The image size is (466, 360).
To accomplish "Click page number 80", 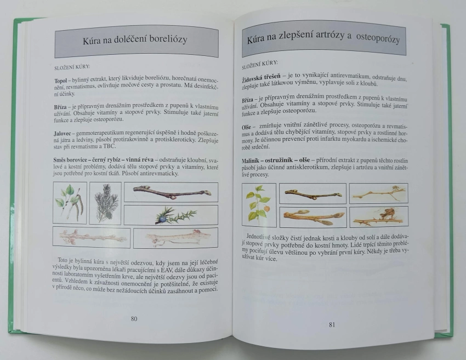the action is pyautogui.click(x=134, y=319).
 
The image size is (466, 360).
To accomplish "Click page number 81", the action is pyautogui.click(x=332, y=324).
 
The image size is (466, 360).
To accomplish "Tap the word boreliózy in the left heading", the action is pyautogui.click(x=168, y=39).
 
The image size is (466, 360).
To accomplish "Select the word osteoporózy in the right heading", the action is pyautogui.click(x=378, y=38).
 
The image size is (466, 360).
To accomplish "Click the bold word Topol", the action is pyautogui.click(x=61, y=81).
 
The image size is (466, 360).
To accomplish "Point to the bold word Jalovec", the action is pyautogui.click(x=62, y=133).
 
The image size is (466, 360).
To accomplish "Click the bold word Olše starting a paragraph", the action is pyautogui.click(x=246, y=127).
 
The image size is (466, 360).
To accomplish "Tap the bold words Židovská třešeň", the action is pyautogui.click(x=261, y=78).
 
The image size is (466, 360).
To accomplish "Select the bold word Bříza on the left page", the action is pyautogui.click(x=61, y=107).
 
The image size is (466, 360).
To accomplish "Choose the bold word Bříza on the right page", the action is pyautogui.click(x=248, y=100).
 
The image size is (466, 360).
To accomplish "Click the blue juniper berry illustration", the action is pyautogui.click(x=161, y=219).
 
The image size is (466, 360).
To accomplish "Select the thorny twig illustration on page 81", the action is pyautogui.click(x=379, y=217).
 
